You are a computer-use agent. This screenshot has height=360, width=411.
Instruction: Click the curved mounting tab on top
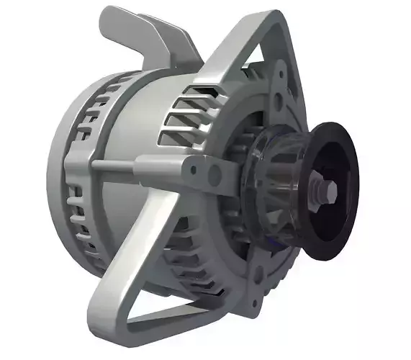(x=137, y=32)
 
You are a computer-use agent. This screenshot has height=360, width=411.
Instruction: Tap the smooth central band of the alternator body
(x=130, y=122)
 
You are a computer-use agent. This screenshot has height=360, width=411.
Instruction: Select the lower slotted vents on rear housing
(x=83, y=216)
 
